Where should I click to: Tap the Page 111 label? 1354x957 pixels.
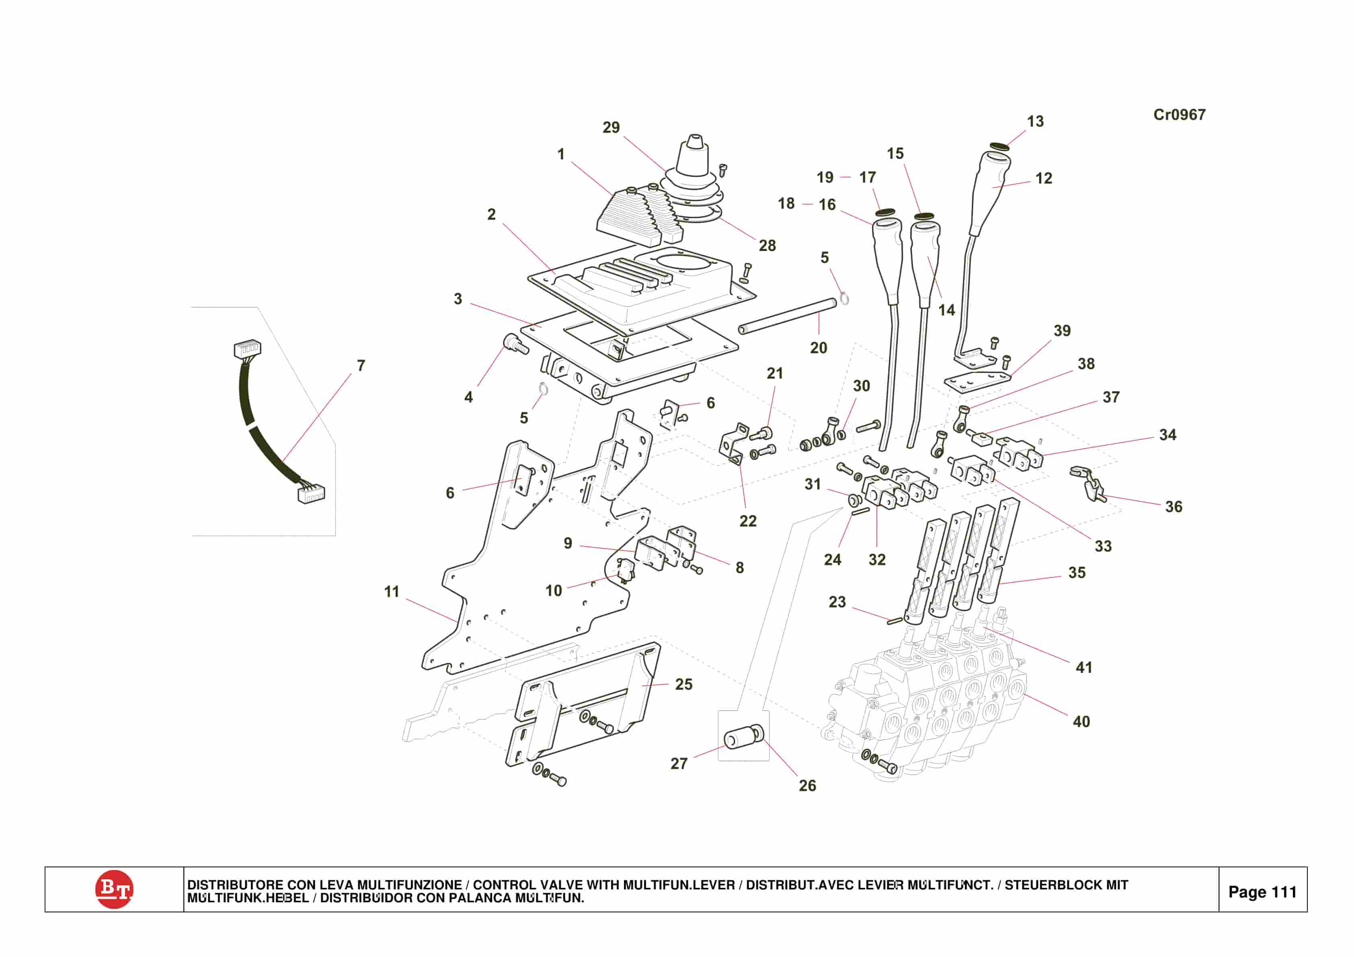click(1262, 891)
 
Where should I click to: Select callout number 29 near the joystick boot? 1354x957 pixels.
click(611, 127)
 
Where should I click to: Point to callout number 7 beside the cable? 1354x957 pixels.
click(361, 366)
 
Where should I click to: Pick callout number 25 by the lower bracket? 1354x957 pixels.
click(683, 684)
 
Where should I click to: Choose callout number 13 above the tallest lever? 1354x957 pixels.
click(1035, 121)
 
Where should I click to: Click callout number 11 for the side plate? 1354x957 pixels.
click(392, 592)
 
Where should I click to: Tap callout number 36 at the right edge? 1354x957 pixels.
click(1173, 507)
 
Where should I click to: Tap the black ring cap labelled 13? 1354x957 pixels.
click(999, 146)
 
